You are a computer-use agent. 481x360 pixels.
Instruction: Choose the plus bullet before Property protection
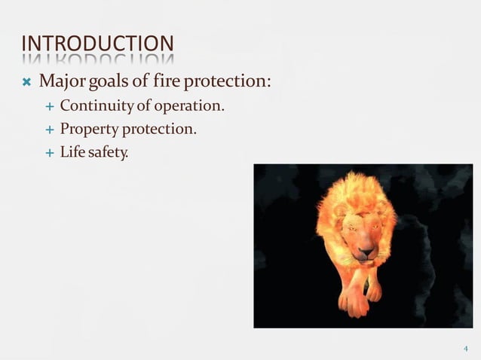coord(50,130)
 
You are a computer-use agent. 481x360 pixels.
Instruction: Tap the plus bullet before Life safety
coord(50,153)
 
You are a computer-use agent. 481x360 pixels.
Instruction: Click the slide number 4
coord(465,349)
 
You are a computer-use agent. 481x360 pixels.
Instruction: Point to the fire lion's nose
coord(365,254)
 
